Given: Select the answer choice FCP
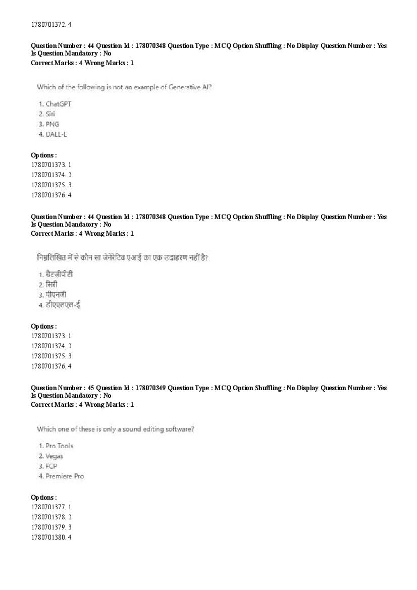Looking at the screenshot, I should (51, 466).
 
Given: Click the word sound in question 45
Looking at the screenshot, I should (126, 429).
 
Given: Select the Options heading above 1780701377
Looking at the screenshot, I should (44, 497).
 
